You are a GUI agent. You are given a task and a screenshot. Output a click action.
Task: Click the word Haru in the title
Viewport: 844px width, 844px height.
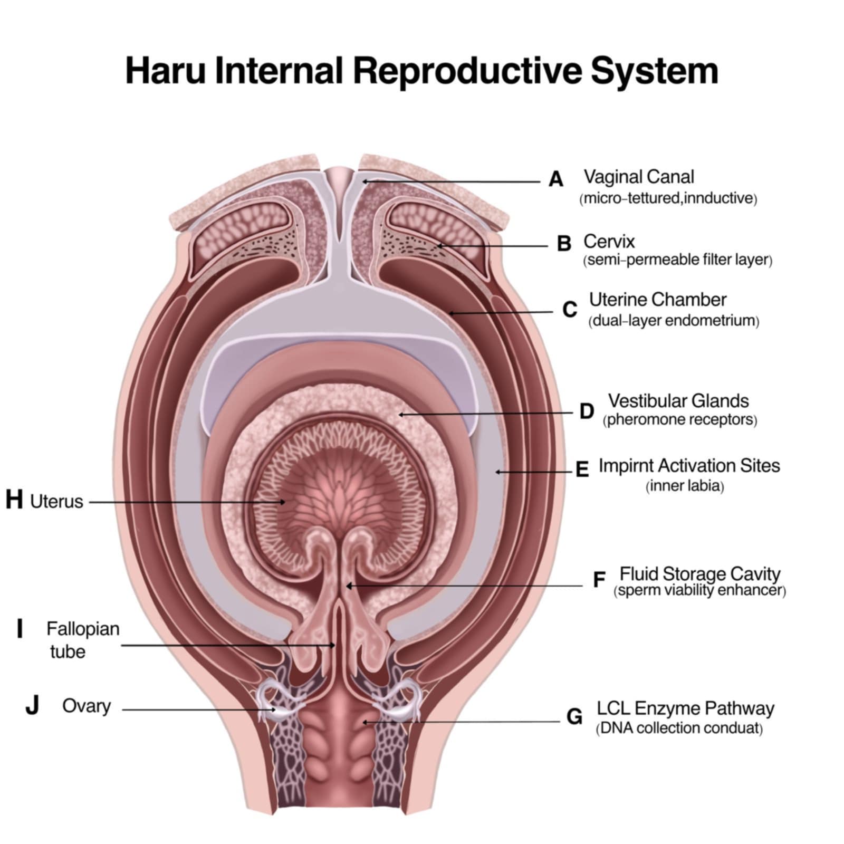[x=165, y=71]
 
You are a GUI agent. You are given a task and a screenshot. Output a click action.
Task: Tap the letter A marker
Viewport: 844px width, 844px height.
[x=555, y=179]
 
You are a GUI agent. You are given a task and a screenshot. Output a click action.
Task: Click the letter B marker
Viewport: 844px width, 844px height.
[x=564, y=243]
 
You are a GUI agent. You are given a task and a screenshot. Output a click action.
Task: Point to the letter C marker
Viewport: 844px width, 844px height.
[x=570, y=310]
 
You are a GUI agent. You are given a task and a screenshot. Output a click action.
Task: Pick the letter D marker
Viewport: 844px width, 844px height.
[x=587, y=411]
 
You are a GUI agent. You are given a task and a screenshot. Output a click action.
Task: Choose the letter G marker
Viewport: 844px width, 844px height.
[x=574, y=717]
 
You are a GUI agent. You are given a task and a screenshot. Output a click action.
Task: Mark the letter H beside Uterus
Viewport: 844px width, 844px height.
[x=14, y=500]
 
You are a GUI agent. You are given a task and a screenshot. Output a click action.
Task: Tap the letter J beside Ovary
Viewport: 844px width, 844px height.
[x=32, y=705]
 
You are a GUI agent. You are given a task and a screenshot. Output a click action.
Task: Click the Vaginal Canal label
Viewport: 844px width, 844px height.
[x=638, y=177]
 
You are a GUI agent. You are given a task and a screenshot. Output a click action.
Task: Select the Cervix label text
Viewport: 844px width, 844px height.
[x=609, y=241]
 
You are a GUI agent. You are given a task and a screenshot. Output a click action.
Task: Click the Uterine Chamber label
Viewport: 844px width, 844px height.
[x=657, y=300]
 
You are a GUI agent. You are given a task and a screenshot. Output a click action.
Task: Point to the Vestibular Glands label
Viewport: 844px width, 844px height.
[x=678, y=401]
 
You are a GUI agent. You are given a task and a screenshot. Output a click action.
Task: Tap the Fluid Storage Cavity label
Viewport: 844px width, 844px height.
[x=699, y=573]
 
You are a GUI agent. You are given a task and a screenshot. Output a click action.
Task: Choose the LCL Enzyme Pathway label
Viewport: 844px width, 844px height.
[x=685, y=708]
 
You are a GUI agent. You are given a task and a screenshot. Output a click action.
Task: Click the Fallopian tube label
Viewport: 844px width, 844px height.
[x=82, y=639]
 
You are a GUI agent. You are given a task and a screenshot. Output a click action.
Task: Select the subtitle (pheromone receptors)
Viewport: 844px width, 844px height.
[x=679, y=420]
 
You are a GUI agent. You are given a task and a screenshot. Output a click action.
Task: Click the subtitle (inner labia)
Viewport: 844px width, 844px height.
[x=684, y=486]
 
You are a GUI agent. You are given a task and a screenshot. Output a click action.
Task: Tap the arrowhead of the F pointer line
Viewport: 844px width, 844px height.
[x=348, y=586]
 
